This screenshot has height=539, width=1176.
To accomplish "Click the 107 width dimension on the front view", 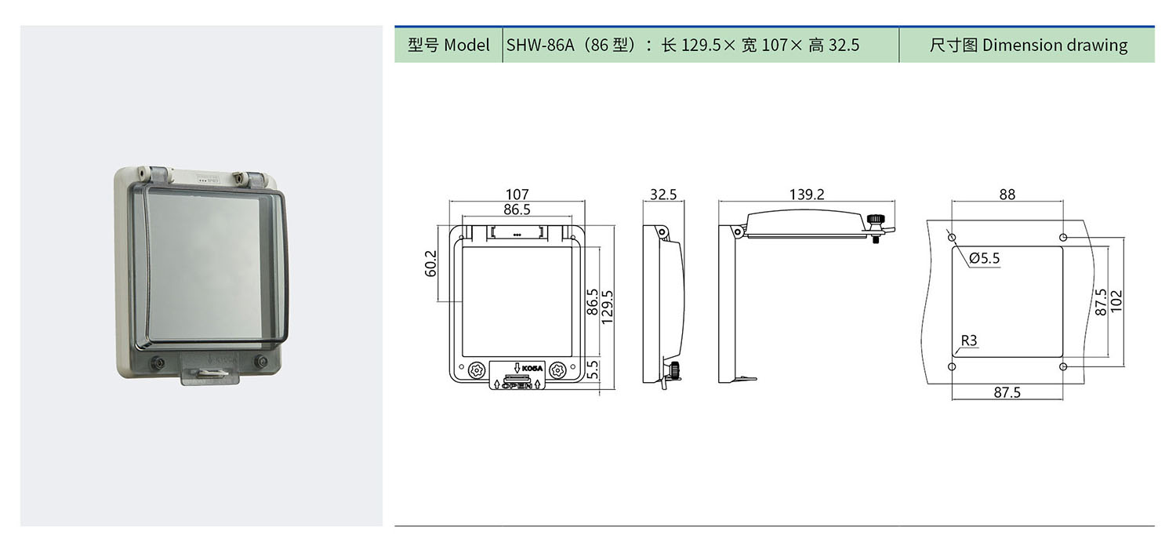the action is [517, 195].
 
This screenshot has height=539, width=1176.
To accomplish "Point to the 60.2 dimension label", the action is [430, 263].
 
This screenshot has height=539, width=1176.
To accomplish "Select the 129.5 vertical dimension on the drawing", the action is [607, 308].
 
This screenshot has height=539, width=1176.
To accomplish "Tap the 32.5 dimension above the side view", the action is [663, 195].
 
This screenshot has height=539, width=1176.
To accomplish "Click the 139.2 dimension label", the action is [807, 195].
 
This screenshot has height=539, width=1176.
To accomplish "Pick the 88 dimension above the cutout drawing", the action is [1007, 195].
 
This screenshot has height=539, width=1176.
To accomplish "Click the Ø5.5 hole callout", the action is [985, 258].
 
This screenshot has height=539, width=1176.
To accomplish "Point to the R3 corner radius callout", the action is [968, 341].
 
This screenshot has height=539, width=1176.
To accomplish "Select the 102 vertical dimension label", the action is [1116, 301].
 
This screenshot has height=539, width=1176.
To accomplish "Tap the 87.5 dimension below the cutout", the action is [1007, 392].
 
